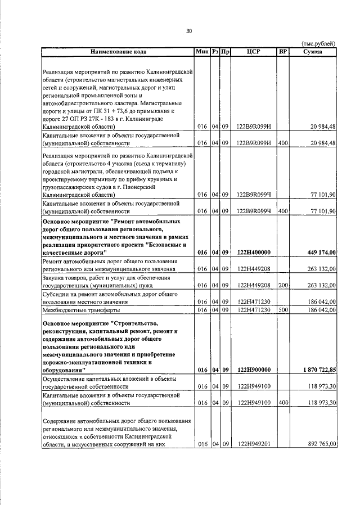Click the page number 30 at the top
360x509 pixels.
188,31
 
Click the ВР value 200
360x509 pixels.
283,285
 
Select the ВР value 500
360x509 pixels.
283,310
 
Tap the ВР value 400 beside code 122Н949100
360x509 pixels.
283,403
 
